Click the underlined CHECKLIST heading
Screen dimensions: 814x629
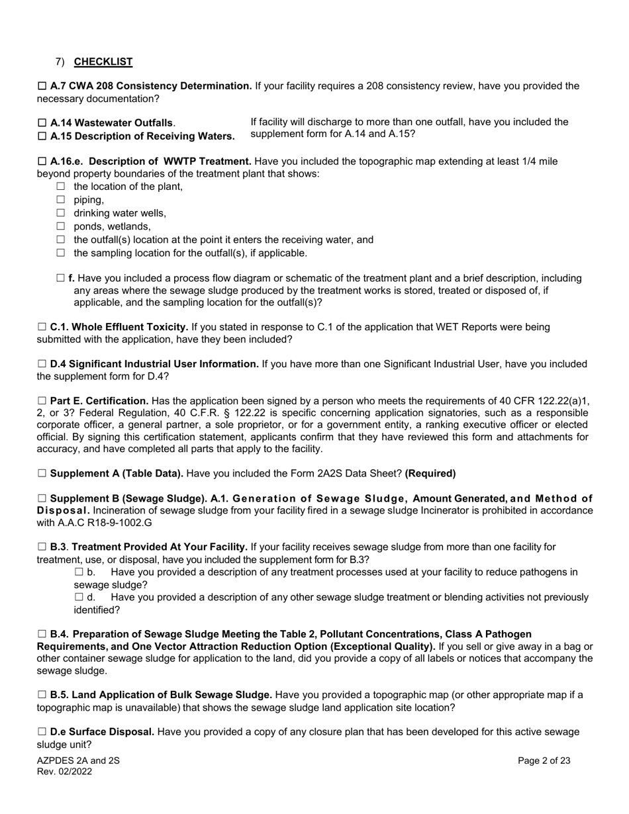pyautogui.click(x=103, y=62)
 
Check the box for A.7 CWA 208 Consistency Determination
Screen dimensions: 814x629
pyautogui.click(x=42, y=86)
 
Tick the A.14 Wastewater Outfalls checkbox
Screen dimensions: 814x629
pyautogui.click(x=42, y=123)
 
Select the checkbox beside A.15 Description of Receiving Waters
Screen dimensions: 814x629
pyautogui.click(x=42, y=136)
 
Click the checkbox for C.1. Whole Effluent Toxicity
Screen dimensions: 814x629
pyautogui.click(x=42, y=327)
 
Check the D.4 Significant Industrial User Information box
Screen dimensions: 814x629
pyautogui.click(x=42, y=364)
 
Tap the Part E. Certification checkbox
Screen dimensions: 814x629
pyautogui.click(x=42, y=401)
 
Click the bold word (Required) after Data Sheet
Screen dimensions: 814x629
pyautogui.click(x=430, y=474)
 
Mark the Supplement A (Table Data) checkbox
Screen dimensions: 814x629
pyautogui.click(x=42, y=474)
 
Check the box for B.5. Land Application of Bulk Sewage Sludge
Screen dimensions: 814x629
pyautogui.click(x=42, y=695)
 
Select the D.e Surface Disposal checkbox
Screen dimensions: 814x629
pyautogui.click(x=42, y=732)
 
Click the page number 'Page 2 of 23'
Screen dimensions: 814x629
pyautogui.click(x=544, y=761)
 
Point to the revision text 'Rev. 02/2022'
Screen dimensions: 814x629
pyautogui.click(x=64, y=772)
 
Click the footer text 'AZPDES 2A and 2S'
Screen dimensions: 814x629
pyautogui.click(x=78, y=761)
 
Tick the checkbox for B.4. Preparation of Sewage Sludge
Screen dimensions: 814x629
pyautogui.click(x=42, y=634)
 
